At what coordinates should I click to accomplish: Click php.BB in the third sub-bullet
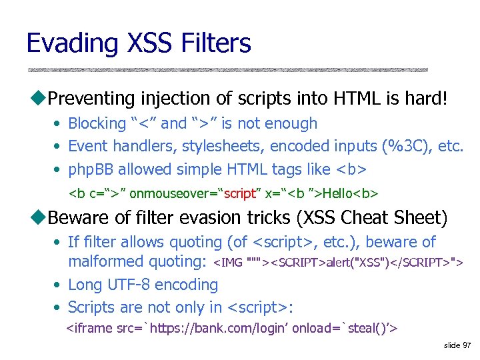coord(92,169)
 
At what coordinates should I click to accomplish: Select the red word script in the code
coord(241,193)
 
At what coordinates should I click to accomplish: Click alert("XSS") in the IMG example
coord(357,263)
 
